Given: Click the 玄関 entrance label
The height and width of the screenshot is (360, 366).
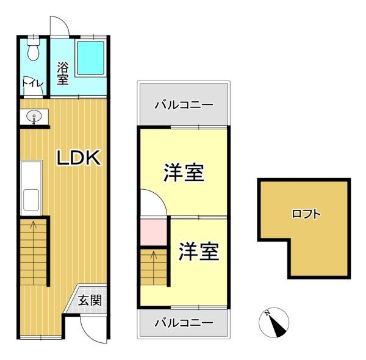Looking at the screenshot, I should coord(89,300).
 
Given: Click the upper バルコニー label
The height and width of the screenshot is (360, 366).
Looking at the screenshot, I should coord(184,104).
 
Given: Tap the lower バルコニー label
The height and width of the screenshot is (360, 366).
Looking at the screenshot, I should coord(183,322).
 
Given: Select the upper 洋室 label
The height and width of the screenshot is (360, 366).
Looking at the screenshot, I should coord(184,173).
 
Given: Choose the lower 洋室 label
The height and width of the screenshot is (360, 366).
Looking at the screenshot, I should coord(199,251).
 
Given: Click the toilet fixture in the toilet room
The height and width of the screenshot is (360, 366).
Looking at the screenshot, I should coord(34,51).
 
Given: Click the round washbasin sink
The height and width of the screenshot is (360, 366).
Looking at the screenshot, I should coord(34,116).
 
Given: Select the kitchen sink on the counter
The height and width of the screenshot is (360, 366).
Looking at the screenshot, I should coord(30,198).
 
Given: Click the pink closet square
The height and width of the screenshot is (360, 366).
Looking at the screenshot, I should coord(153,232).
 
